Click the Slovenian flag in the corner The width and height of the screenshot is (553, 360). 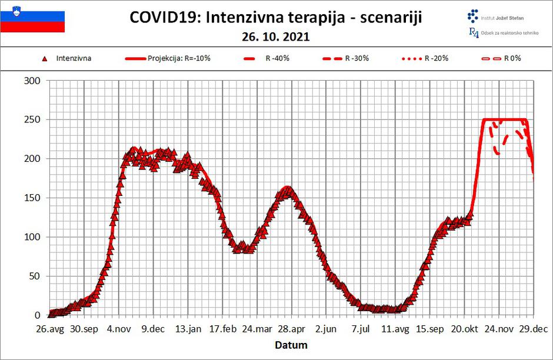32,18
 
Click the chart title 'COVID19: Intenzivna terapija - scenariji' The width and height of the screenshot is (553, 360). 275,18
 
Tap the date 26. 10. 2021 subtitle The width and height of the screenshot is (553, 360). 275,36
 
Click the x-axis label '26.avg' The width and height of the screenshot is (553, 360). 50,329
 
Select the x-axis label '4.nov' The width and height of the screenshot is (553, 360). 119,329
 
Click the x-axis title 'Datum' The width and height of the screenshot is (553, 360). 292,345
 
